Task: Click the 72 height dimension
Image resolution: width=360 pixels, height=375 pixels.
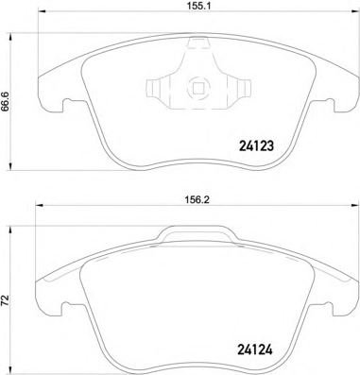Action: point(9,301)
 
